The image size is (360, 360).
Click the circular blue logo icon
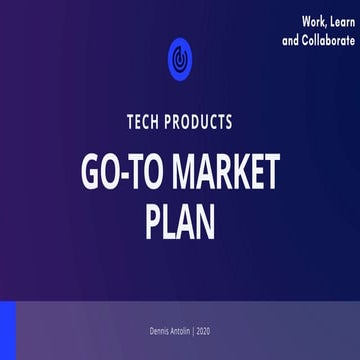pyautogui.click(x=180, y=56)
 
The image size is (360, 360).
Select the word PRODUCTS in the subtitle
pyautogui.click(x=201, y=122)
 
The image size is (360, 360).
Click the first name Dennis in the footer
pyautogui.click(x=157, y=331)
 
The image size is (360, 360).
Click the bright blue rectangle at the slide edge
pyautogui.click(x=8, y=329)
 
